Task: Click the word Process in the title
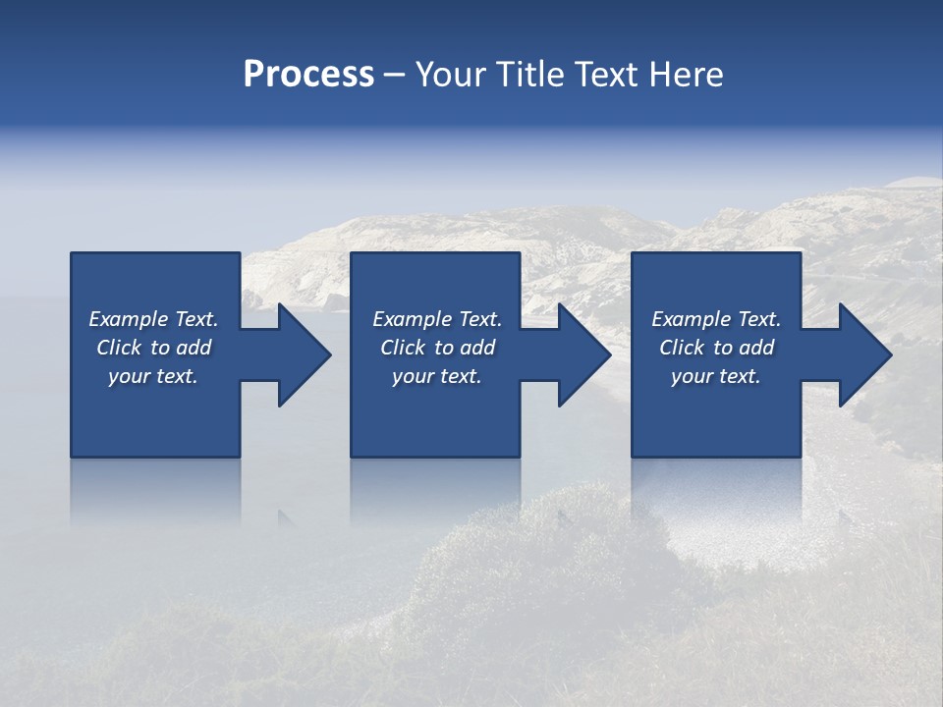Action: [308, 75]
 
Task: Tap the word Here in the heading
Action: [686, 75]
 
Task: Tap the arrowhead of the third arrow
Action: [868, 354]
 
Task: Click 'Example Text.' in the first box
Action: [153, 319]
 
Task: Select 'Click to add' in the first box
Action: [153, 348]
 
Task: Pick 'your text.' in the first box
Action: [153, 376]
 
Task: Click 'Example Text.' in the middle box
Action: [437, 319]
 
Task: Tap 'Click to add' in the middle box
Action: [437, 348]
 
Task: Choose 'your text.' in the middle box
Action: [437, 376]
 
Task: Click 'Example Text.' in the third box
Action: [716, 319]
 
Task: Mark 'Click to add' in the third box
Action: [716, 348]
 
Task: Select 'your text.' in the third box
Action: [716, 376]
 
